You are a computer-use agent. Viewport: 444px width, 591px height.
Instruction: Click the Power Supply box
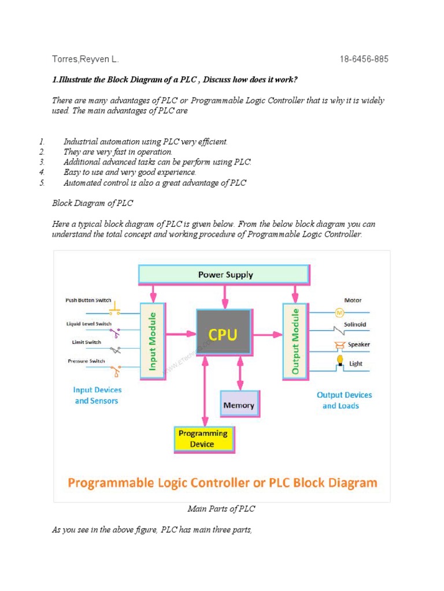pos(225,275)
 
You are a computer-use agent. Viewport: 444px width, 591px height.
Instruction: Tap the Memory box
pos(239,405)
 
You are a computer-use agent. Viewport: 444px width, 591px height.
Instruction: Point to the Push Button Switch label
pos(88,301)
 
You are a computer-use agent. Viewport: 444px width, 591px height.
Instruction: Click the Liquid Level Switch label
pos(88,324)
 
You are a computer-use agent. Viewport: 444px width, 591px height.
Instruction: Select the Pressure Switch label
pos(86,361)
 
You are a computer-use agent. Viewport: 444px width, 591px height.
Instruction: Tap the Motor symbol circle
pos(339,312)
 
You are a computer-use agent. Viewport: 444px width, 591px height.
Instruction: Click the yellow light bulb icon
pos(341,361)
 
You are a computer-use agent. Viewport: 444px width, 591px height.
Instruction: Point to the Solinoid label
pos(355,324)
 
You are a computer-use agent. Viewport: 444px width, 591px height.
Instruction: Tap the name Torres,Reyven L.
pos(86,59)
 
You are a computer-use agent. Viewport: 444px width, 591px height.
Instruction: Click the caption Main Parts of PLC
pos(221,509)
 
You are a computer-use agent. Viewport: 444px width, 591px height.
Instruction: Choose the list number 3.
pos(42,162)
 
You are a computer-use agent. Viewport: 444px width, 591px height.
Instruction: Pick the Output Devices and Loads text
pos(345,401)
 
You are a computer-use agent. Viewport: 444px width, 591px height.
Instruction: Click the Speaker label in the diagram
pos(358,345)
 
